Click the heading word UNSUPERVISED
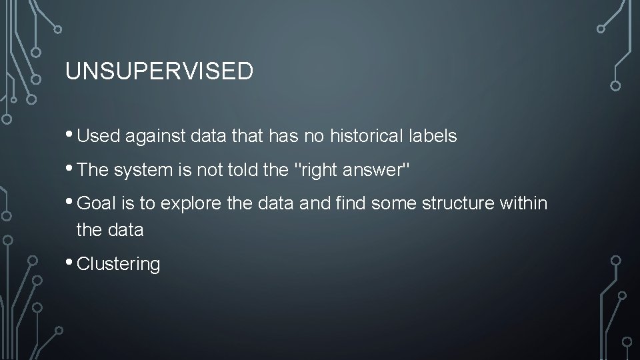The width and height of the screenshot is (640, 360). pos(159,72)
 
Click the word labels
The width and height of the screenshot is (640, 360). pos(432,137)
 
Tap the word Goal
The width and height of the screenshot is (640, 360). pos(97,204)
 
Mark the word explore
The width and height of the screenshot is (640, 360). pos(190,204)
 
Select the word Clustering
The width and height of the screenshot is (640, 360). pos(119,265)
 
